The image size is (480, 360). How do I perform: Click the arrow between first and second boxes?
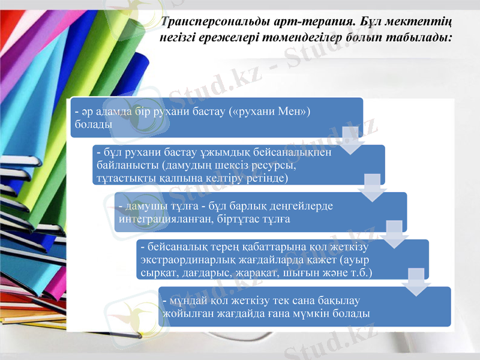[x=351, y=136]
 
